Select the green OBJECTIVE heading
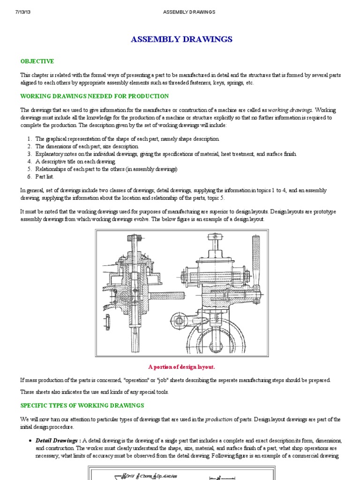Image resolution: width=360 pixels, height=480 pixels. [x=37, y=61]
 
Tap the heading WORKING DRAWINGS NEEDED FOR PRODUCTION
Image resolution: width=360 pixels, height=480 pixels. [x=94, y=96]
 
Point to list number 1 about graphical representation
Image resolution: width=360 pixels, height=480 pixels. [x=29, y=139]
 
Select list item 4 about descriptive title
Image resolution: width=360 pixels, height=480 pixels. [x=75, y=161]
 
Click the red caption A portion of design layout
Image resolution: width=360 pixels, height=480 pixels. [x=181, y=367]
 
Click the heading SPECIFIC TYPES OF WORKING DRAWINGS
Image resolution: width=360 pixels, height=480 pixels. [x=82, y=405]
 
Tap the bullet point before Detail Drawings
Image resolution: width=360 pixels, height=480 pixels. [x=30, y=442]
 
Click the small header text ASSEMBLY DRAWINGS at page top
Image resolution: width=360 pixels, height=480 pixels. [x=189, y=12]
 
